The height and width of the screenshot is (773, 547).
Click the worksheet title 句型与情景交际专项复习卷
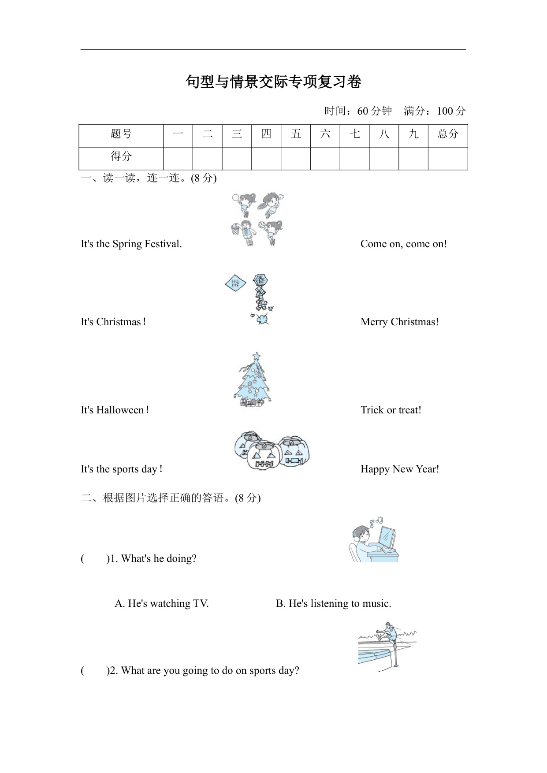click(x=273, y=82)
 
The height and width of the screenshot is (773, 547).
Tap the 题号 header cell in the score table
click(x=121, y=134)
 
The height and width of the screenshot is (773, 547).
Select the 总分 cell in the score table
click(x=448, y=134)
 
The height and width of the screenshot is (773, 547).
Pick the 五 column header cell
click(x=296, y=134)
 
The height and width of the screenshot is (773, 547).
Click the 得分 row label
click(x=121, y=157)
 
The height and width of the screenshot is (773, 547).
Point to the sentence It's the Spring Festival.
click(x=131, y=244)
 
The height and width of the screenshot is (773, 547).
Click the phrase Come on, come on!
click(x=403, y=244)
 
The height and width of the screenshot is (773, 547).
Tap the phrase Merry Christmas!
click(x=399, y=322)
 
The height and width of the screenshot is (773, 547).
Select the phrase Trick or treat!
click(x=391, y=410)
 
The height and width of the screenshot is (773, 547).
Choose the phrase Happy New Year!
click(x=399, y=469)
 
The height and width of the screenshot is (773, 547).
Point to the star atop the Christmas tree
click(x=256, y=356)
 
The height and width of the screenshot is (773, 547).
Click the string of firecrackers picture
click(x=261, y=300)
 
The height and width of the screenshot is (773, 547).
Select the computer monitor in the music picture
click(x=387, y=538)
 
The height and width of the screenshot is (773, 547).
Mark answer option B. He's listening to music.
click(x=333, y=604)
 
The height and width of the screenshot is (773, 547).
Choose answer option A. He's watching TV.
click(x=161, y=604)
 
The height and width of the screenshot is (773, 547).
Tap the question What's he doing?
click(x=159, y=559)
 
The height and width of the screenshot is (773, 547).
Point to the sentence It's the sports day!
click(x=122, y=469)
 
